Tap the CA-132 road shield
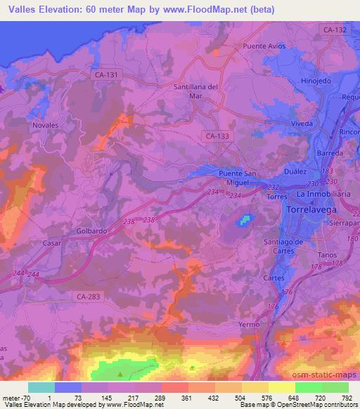point(336,30)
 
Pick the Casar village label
point(51,242)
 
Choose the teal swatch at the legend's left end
point(41,387)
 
